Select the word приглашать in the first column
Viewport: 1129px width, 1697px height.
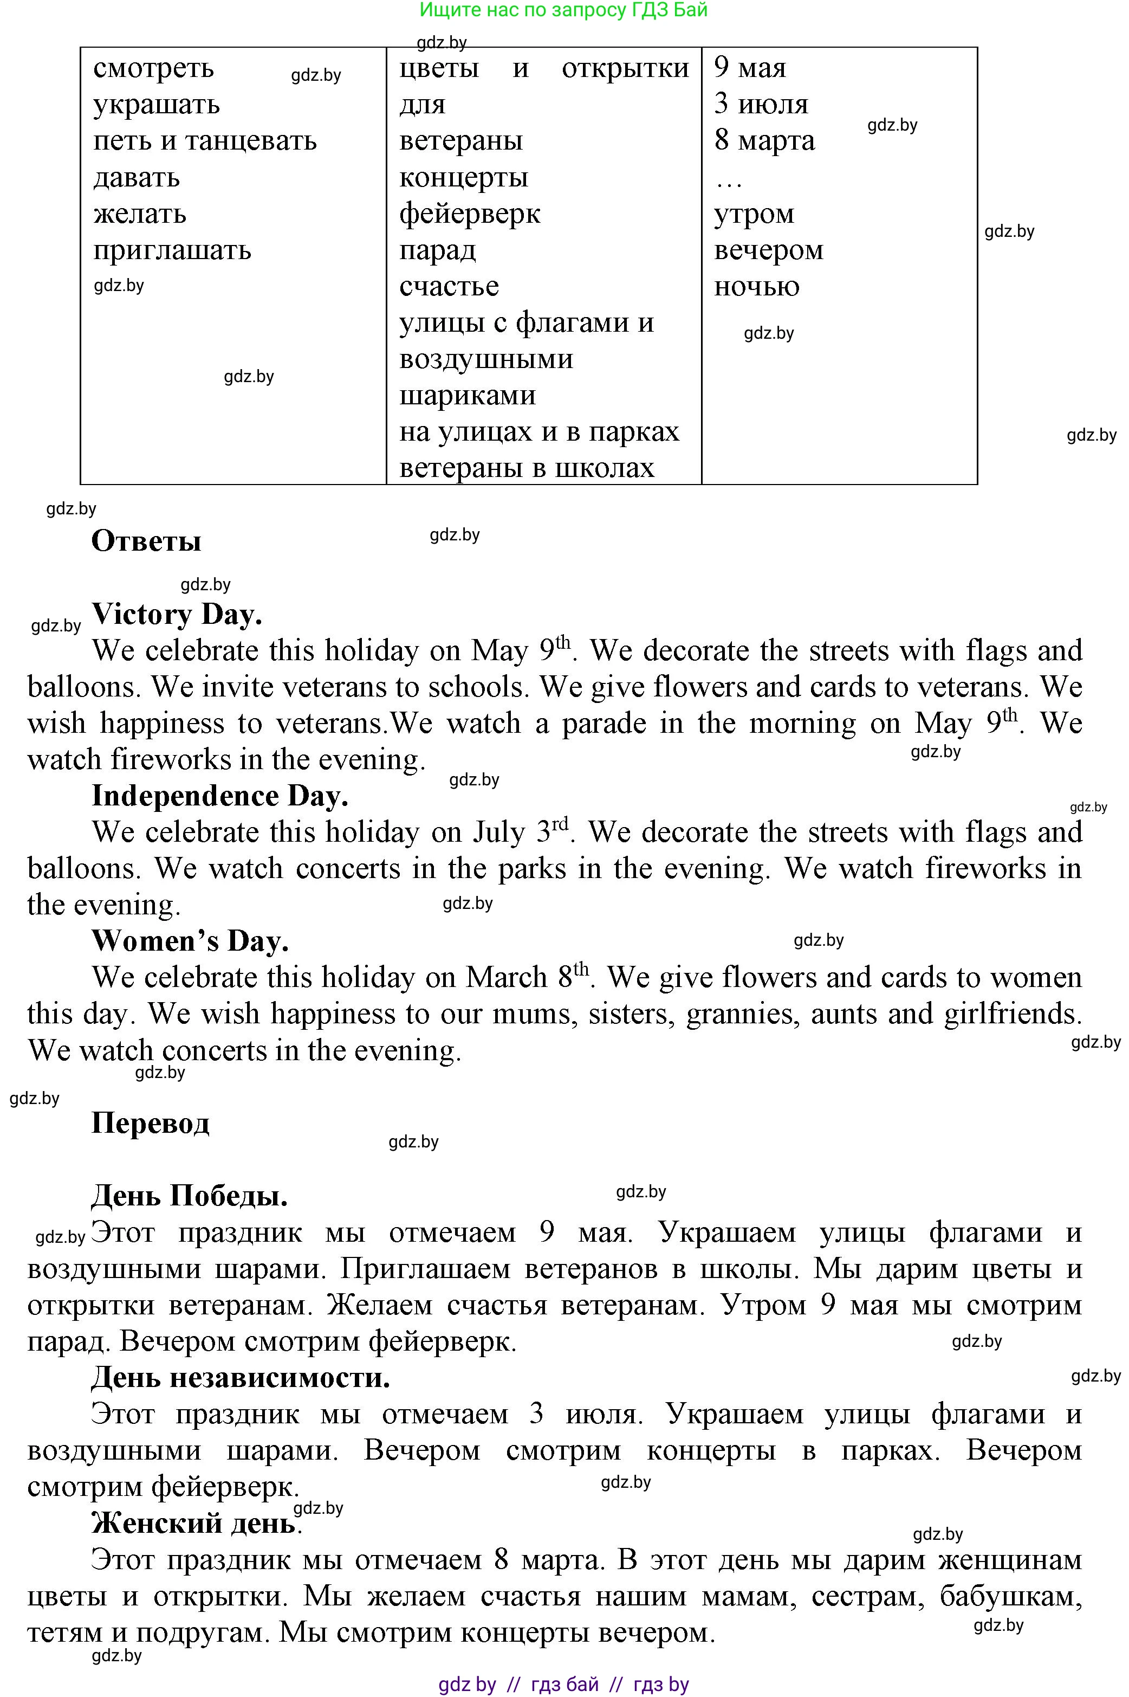click(172, 250)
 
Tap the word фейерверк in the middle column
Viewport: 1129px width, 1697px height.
click(470, 214)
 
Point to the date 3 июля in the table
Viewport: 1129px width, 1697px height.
click(761, 105)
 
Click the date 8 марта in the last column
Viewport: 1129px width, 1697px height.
click(764, 140)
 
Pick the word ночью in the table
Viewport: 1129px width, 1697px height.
click(756, 287)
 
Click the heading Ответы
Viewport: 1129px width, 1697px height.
click(146, 541)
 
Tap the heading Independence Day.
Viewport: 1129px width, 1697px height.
click(219, 796)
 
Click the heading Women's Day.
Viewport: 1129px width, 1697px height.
click(190, 941)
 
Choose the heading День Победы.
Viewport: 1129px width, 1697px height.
click(190, 1196)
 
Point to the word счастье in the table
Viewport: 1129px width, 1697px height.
click(449, 287)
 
